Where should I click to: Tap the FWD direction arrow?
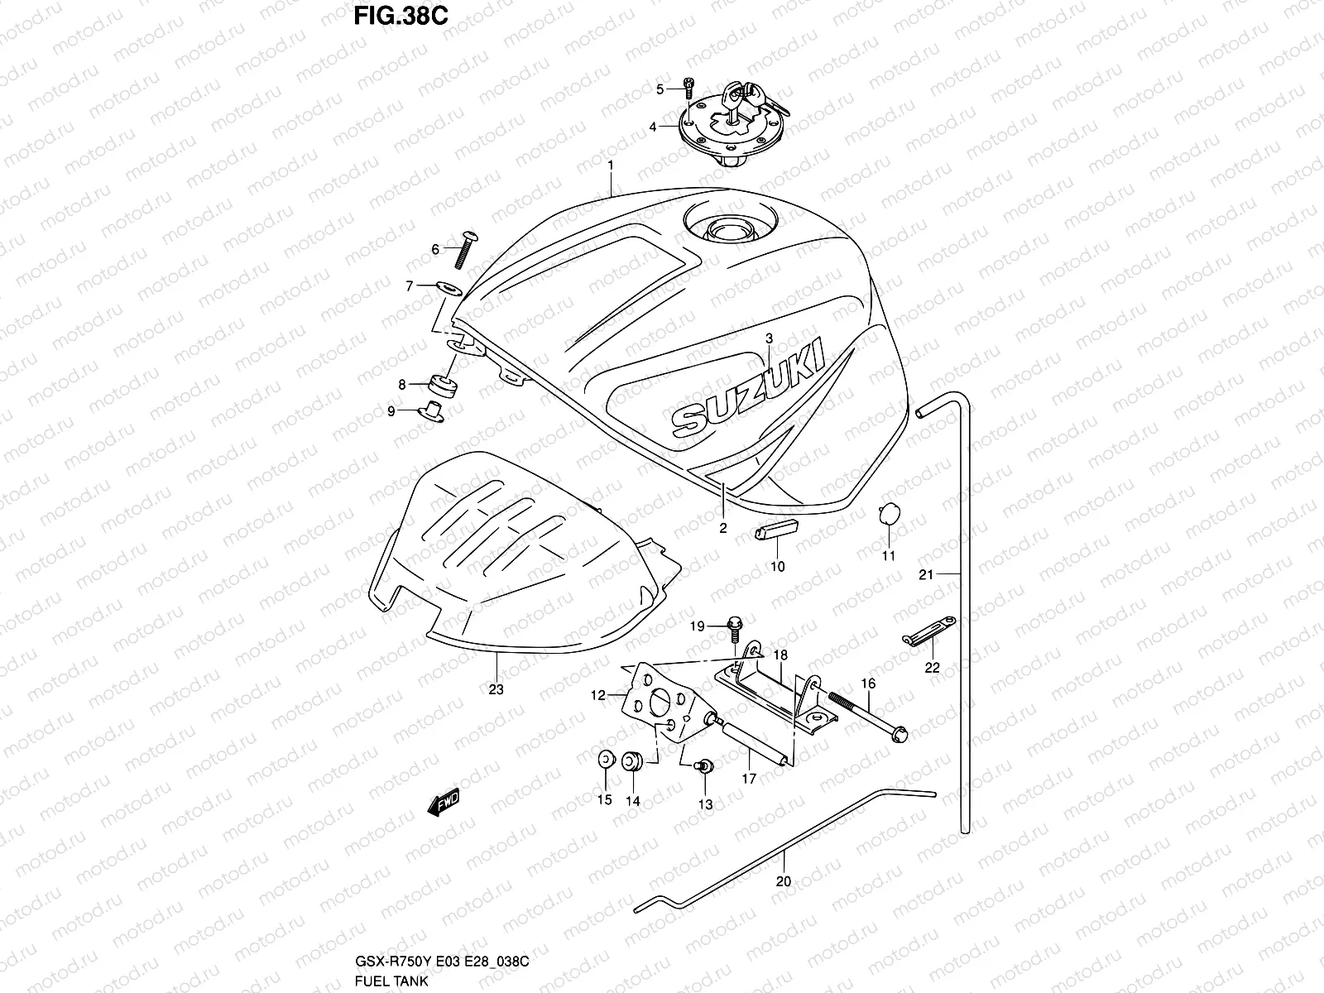444,802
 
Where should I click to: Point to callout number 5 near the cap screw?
660,89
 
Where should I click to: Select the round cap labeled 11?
888,514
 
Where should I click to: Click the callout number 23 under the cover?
496,688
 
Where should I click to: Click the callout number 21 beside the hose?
926,574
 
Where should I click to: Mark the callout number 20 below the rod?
783,881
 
